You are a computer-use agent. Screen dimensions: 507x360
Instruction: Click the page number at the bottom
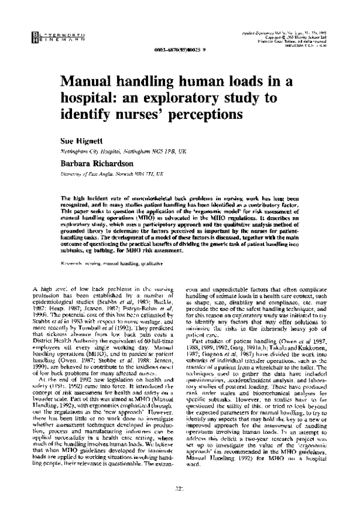click(x=179, y=488)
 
